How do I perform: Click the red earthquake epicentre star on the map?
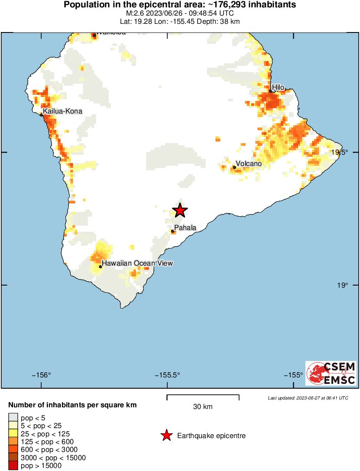click(x=180, y=211)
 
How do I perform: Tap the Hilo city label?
click(x=278, y=88)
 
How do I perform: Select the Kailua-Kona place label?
click(x=62, y=111)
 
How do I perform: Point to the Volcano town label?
click(x=249, y=164)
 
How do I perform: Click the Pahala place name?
click(x=185, y=228)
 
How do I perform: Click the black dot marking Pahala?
click(x=173, y=231)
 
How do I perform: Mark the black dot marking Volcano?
click(x=234, y=167)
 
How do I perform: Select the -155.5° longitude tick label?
click(x=168, y=375)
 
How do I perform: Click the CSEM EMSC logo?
click(x=331, y=373)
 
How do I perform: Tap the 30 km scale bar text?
click(x=203, y=407)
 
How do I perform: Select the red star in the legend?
click(x=166, y=436)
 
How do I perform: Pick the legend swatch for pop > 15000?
click(x=13, y=466)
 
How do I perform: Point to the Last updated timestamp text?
click(x=308, y=398)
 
